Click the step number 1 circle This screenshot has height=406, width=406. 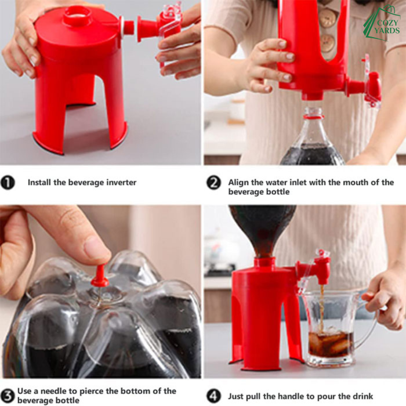pyautogui.click(x=8, y=183)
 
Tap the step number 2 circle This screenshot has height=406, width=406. pyautogui.click(x=213, y=183)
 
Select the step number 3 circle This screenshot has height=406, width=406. pyautogui.click(x=8, y=396)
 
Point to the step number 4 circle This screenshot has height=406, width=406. pyautogui.click(x=213, y=396)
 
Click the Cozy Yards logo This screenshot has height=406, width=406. pyautogui.click(x=382, y=23)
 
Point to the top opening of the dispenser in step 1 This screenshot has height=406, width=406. pyautogui.click(x=77, y=14)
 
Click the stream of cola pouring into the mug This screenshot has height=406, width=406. pyautogui.click(x=322, y=308)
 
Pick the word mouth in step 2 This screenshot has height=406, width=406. pyautogui.click(x=357, y=183)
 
